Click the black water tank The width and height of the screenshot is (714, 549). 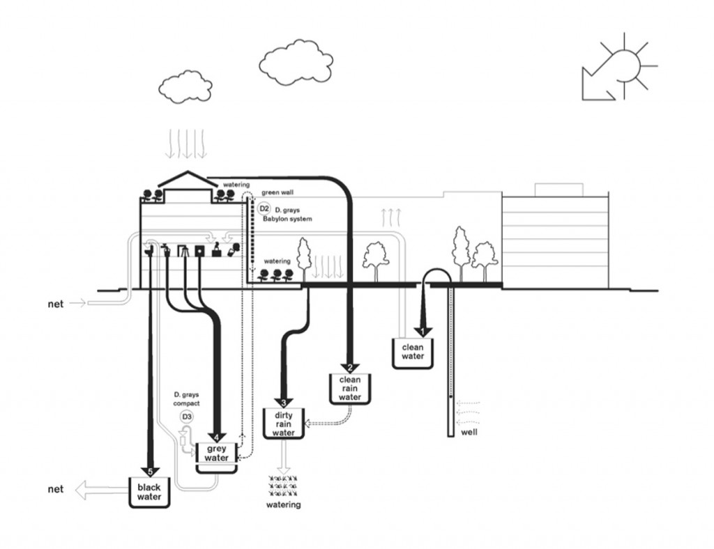[149, 493]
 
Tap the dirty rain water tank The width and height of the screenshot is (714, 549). [282, 423]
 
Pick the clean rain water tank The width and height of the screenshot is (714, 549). [349, 389]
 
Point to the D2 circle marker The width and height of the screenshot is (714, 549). [264, 209]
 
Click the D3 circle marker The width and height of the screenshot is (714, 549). [186, 417]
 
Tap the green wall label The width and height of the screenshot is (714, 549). [278, 192]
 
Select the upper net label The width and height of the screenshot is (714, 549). [56, 304]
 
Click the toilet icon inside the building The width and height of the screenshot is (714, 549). [149, 249]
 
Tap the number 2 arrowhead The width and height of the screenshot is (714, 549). [350, 368]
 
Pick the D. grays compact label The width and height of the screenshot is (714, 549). [186, 399]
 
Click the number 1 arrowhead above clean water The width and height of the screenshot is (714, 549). [421, 330]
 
